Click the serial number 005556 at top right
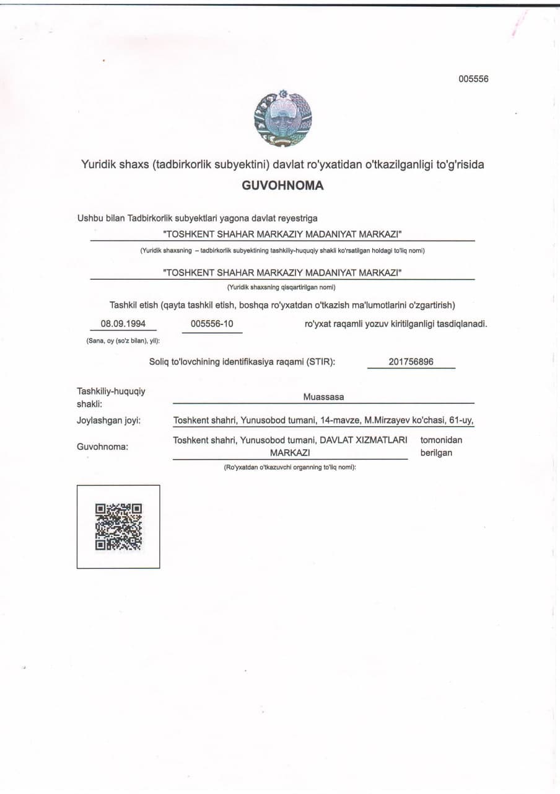point(473,79)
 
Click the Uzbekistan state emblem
point(283,118)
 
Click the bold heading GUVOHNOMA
point(282,185)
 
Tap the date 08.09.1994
point(123,324)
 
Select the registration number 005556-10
point(212,324)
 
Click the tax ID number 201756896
point(411,362)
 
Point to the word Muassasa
point(323,396)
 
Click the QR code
point(118,527)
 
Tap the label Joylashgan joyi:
point(108,421)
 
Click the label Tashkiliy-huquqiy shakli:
point(111,398)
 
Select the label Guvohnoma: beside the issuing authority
point(102,446)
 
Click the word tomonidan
point(441,440)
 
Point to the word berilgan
point(436,453)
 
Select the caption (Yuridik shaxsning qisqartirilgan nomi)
point(282,287)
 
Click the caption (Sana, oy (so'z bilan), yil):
point(123,341)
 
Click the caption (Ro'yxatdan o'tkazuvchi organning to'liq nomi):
point(289,467)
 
